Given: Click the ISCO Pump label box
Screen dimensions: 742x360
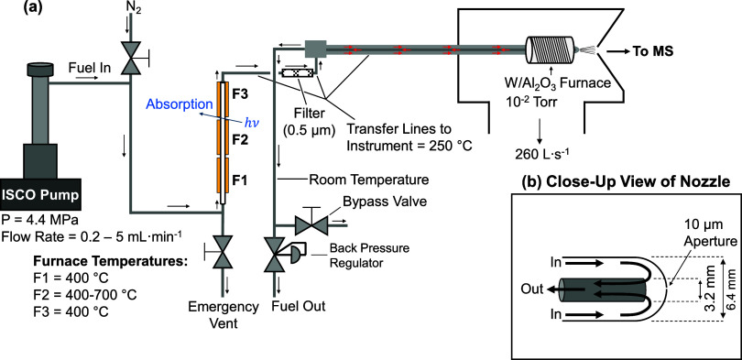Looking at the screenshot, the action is (40, 194).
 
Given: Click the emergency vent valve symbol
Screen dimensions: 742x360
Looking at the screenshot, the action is (220, 251).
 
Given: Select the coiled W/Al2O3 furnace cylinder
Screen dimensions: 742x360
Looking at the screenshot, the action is (550, 49).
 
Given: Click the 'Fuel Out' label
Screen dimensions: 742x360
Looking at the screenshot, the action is (299, 306).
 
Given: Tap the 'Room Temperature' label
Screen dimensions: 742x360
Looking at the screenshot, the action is (368, 180).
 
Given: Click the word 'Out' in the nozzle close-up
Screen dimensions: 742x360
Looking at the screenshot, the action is (532, 289).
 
